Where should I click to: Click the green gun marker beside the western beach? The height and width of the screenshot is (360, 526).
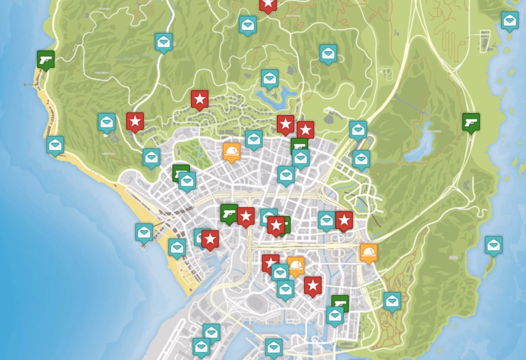pyautogui.click(x=46, y=60)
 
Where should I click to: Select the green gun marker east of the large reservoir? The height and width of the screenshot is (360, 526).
pyautogui.click(x=471, y=122)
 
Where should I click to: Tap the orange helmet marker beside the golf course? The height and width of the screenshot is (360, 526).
pyautogui.click(x=232, y=152)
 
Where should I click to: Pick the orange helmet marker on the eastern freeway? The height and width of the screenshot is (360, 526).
pyautogui.click(x=368, y=252)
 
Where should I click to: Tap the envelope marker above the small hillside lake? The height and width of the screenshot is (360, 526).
pyautogui.click(x=270, y=78)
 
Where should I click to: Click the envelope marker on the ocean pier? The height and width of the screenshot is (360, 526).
pyautogui.click(x=144, y=232)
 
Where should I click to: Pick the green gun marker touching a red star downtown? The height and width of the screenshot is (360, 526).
pyautogui.click(x=229, y=214)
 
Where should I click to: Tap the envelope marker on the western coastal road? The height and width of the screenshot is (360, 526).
pyautogui.click(x=55, y=145)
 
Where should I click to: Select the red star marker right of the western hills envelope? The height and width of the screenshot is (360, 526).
pyautogui.click(x=135, y=121)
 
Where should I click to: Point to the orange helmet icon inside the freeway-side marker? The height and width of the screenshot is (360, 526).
pyautogui.click(x=368, y=251)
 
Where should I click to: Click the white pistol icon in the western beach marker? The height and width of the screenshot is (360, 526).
pyautogui.click(x=46, y=60)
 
